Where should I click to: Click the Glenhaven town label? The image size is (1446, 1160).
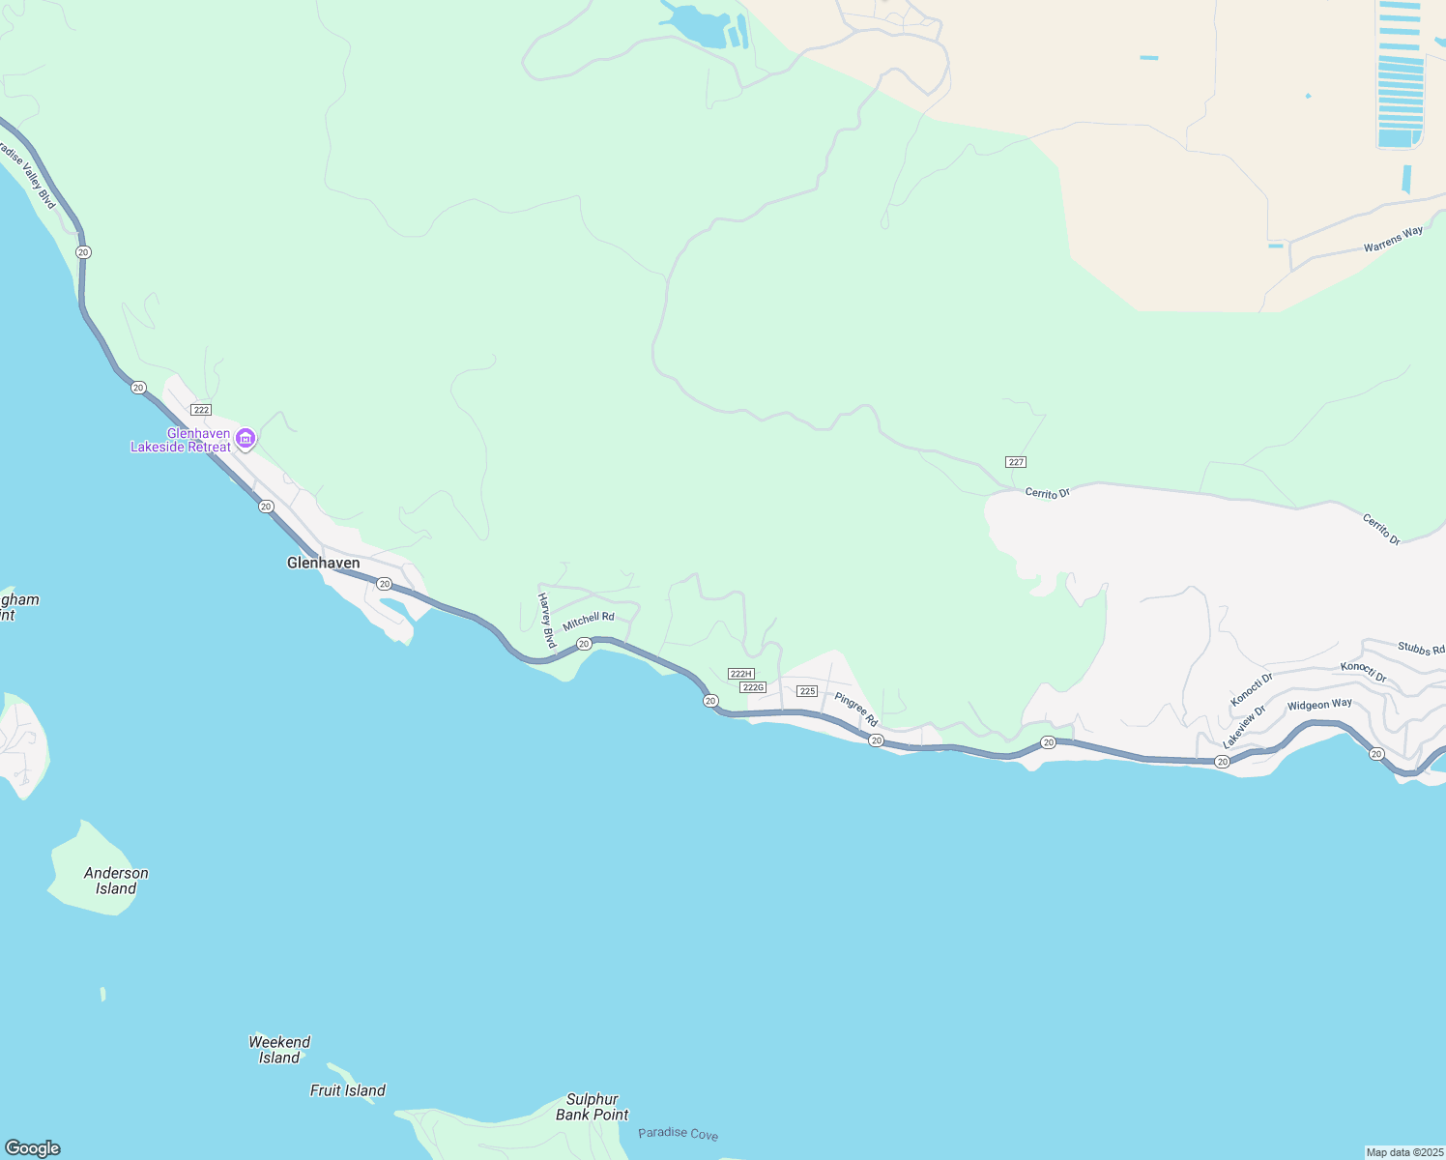click(323, 563)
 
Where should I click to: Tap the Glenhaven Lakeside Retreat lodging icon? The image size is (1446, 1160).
click(246, 440)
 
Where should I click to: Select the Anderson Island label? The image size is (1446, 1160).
click(116, 881)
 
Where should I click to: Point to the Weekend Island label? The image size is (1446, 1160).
click(279, 1050)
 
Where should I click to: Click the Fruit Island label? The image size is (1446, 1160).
click(347, 1090)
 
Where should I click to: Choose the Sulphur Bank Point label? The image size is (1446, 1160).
click(592, 1107)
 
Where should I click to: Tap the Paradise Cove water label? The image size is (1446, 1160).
click(678, 1133)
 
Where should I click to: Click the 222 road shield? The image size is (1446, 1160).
click(201, 410)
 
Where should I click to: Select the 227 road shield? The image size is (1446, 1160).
click(1015, 462)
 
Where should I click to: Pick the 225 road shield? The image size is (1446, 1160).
click(808, 691)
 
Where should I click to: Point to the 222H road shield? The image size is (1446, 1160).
click(740, 674)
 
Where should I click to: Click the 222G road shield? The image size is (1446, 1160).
click(752, 687)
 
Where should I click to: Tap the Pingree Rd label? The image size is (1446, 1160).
click(855, 710)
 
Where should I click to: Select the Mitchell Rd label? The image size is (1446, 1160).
click(589, 622)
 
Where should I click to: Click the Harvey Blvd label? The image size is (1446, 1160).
click(548, 620)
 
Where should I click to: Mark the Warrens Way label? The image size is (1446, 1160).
click(1393, 240)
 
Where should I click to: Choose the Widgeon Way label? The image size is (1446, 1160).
click(1319, 705)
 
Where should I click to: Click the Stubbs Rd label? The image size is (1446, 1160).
click(1421, 649)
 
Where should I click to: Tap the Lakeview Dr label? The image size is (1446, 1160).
click(1244, 727)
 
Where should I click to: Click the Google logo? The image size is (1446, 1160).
click(32, 1148)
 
